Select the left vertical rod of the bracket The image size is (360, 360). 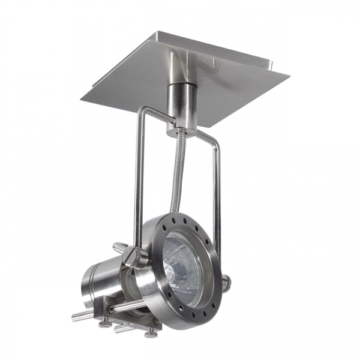click(x=137, y=180)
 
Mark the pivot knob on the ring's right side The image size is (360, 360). click(x=226, y=281)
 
